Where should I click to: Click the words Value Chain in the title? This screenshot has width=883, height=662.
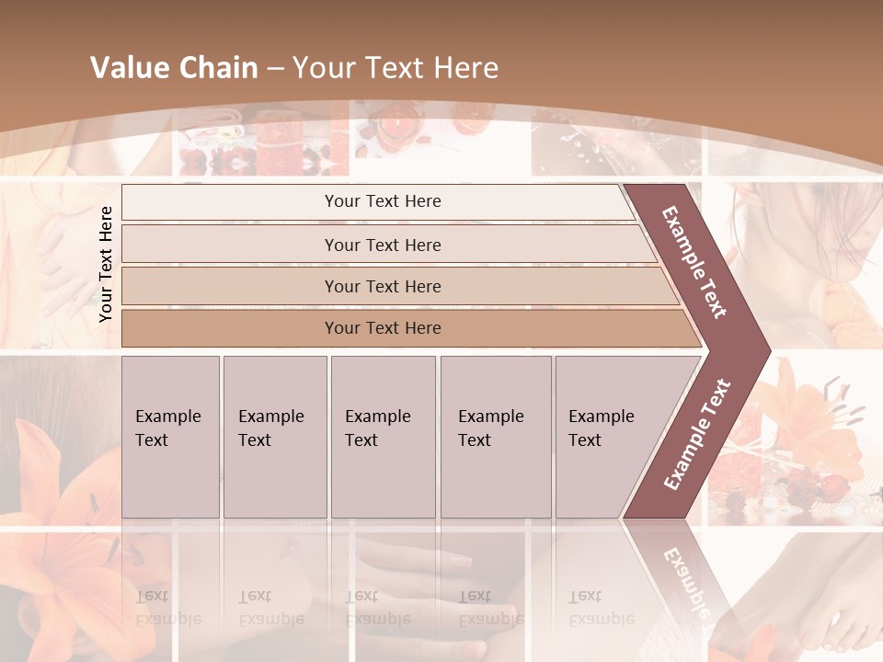(174, 68)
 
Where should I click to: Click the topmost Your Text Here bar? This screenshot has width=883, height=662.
(382, 201)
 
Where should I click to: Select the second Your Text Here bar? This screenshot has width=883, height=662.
(382, 245)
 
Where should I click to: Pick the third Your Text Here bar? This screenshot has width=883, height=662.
(382, 286)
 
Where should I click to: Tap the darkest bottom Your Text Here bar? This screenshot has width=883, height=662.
(382, 328)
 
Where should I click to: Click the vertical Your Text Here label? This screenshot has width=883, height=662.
(106, 264)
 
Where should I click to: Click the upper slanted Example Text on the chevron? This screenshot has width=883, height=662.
(694, 262)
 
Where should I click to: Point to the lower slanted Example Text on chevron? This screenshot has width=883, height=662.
(696, 435)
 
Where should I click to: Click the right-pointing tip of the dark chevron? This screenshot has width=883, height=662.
(766, 348)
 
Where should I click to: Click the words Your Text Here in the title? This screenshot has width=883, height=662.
(396, 68)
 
